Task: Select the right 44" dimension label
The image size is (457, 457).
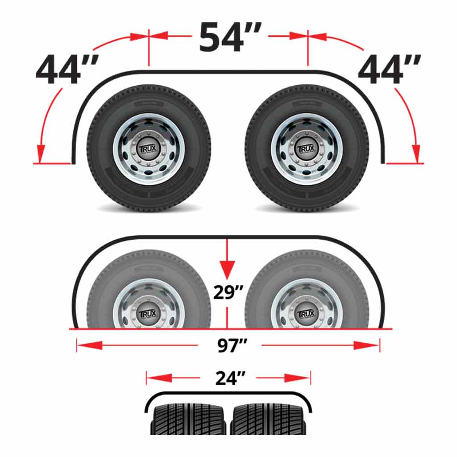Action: coord(389,71)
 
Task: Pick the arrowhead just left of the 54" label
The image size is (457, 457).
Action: coord(160,35)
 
